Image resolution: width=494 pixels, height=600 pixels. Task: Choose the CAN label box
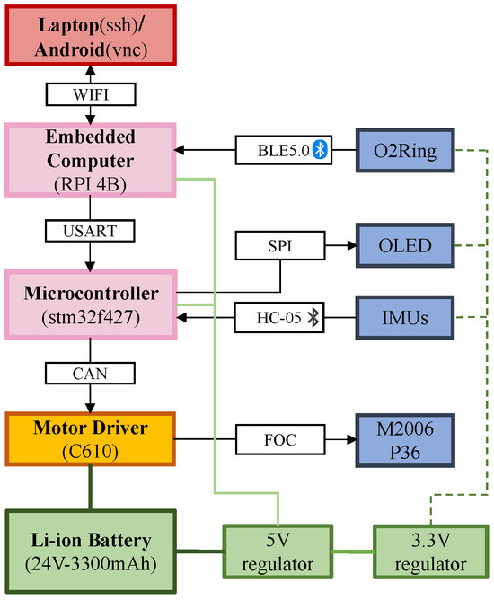click(x=88, y=371)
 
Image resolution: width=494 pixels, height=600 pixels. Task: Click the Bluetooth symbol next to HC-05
click(x=313, y=316)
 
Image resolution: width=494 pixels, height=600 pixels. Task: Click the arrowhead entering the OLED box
click(x=349, y=243)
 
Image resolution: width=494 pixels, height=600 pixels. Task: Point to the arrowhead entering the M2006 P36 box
click(x=349, y=440)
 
